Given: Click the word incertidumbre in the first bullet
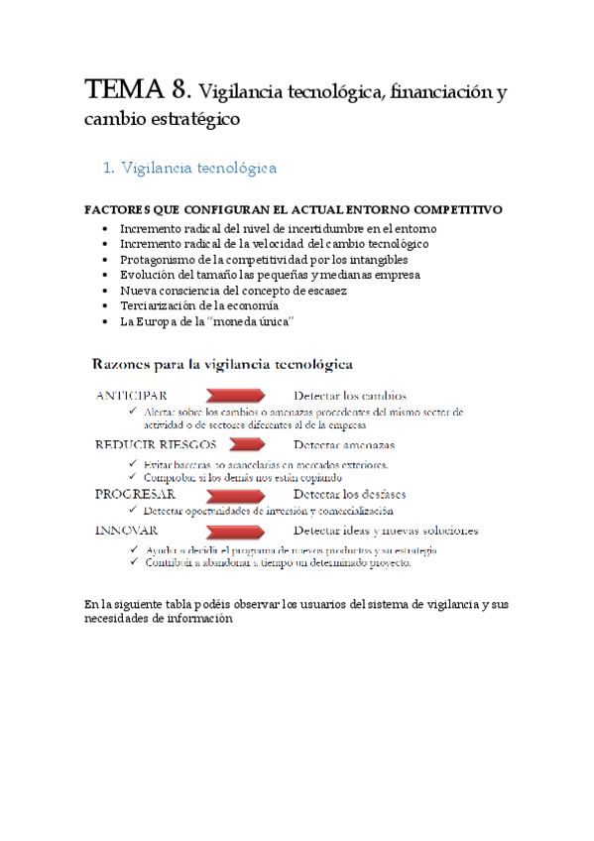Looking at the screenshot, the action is [x=299, y=227].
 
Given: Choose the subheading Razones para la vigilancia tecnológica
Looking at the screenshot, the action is [x=223, y=364].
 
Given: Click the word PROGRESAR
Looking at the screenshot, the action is [x=135, y=493].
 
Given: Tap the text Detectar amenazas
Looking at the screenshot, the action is [x=343, y=445].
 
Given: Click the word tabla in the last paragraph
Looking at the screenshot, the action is [x=172, y=604].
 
